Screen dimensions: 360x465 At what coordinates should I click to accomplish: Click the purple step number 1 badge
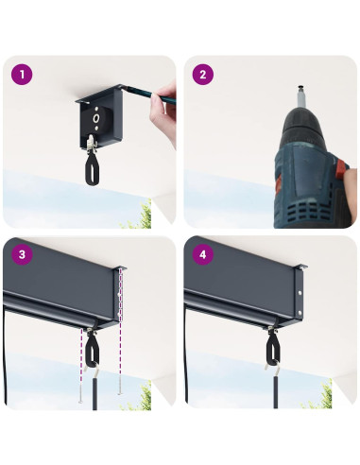tap(22, 75)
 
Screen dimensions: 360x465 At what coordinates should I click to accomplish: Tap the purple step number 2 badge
tap(203, 75)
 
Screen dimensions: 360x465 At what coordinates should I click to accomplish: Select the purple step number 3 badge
tap(22, 254)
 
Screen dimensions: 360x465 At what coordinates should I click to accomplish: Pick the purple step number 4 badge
tap(203, 254)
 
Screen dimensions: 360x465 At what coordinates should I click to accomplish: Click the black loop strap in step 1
tap(92, 169)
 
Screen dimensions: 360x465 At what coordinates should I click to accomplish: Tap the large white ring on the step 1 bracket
tap(96, 118)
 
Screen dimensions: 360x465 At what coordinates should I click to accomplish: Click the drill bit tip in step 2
tap(301, 87)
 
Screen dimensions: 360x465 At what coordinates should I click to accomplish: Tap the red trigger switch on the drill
tap(342, 168)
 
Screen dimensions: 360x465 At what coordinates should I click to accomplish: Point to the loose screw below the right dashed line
tap(120, 384)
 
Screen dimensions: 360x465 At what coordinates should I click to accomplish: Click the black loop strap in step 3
tap(92, 351)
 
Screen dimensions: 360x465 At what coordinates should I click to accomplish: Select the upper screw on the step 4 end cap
tap(300, 293)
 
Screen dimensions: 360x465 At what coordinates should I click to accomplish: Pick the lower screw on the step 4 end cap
tap(300, 313)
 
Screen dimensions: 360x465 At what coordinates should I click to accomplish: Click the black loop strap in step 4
tap(271, 347)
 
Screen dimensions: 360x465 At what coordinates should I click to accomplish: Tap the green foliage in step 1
tap(139, 216)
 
